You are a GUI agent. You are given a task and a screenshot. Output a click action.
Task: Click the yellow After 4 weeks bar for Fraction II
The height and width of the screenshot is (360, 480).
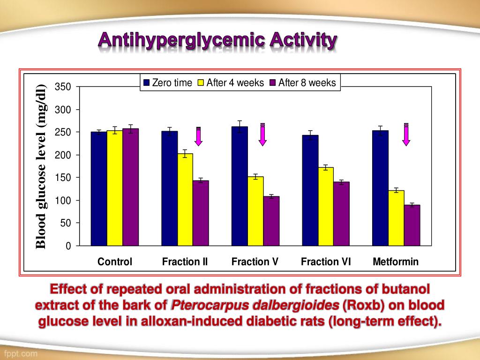click(185, 199)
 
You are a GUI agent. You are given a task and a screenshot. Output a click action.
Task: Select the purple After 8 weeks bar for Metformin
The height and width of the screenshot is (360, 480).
click(412, 225)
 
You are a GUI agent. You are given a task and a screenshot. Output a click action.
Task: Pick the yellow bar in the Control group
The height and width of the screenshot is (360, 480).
click(114, 187)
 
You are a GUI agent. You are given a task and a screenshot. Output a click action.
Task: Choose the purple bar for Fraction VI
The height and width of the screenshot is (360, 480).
click(341, 213)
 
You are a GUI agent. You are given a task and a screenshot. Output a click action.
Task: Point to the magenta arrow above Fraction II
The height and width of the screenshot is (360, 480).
click(198, 136)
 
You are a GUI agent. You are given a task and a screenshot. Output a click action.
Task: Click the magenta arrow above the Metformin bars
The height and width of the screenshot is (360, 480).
click(406, 135)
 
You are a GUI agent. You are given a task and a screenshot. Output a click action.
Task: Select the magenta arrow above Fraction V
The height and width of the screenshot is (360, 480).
click(262, 135)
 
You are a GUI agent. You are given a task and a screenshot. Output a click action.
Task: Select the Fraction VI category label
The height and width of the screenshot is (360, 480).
click(326, 262)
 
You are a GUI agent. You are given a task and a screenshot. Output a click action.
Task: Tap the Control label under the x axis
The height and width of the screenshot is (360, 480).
click(115, 262)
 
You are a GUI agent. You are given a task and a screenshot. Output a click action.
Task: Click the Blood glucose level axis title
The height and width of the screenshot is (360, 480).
click(42, 166)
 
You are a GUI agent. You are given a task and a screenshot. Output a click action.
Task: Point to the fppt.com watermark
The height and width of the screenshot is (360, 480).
click(21, 352)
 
